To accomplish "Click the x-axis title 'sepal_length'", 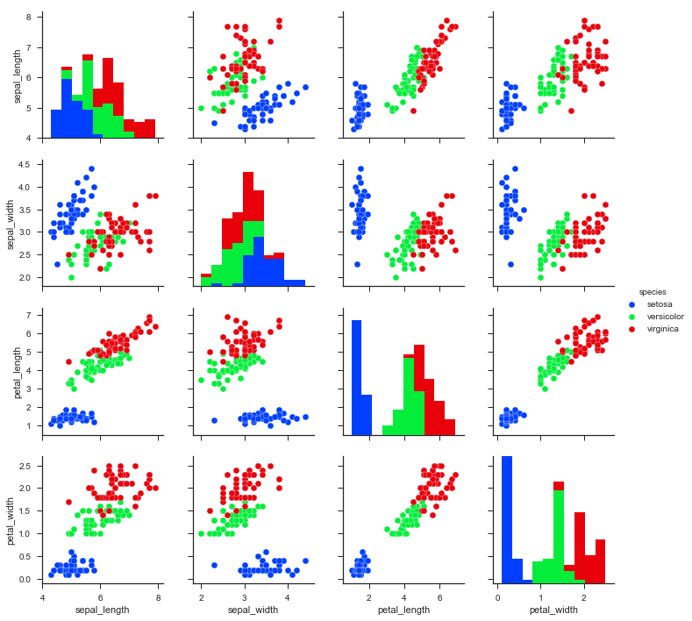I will point(101,608).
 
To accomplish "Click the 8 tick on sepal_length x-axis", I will point(158,596).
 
